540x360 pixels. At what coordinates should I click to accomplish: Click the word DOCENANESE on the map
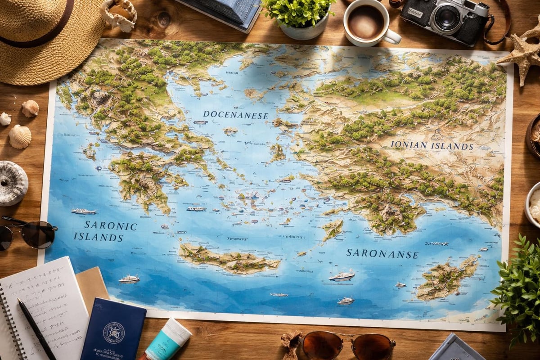coord(235,115)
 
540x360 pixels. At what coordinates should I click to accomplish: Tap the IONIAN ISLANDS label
coord(432,146)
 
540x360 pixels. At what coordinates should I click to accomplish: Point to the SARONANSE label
coord(382,254)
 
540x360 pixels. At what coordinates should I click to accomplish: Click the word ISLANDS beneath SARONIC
coord(98,237)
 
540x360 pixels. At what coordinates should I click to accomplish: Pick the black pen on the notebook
coord(36,328)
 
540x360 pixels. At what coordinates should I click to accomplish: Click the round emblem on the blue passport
coord(114,333)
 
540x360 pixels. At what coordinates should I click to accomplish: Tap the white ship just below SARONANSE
coord(342,275)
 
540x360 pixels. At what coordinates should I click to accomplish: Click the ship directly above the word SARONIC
coord(84,211)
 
